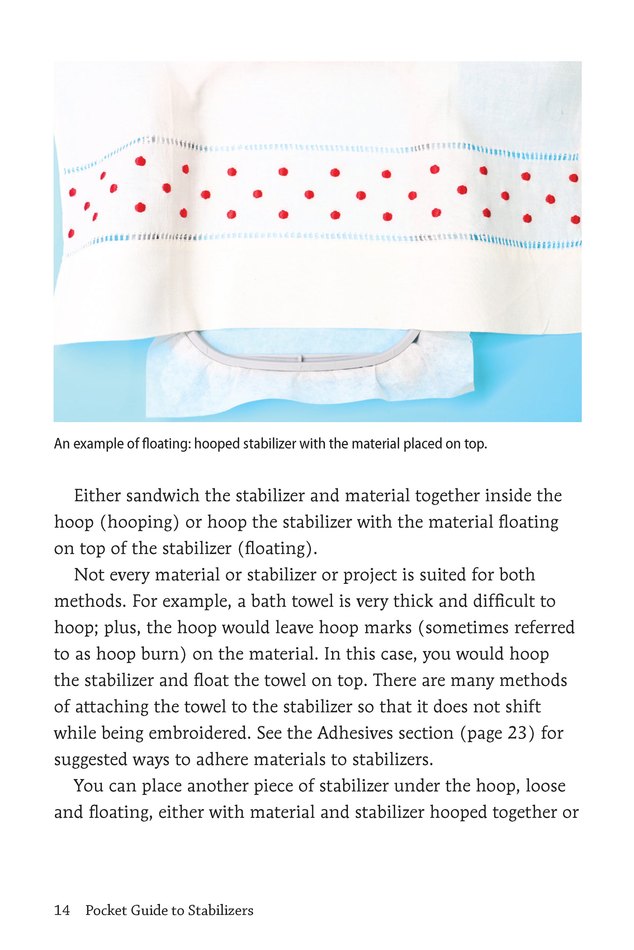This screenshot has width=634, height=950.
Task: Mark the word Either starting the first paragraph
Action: click(97, 496)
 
